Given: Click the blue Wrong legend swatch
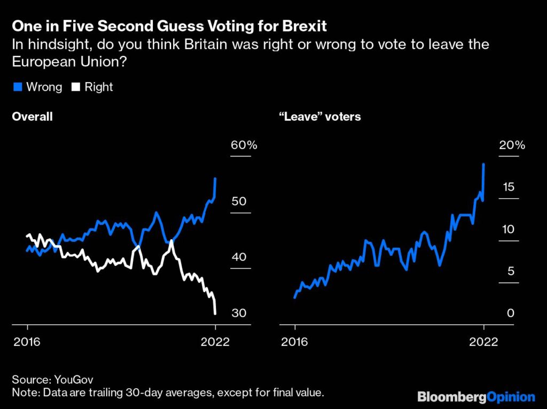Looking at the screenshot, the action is coord(18,87).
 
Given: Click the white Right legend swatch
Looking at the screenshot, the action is coord(76,87).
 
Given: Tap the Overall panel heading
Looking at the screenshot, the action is coord(32,116).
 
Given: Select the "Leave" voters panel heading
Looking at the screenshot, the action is coord(320,116).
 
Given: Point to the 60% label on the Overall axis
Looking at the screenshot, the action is coord(244,145).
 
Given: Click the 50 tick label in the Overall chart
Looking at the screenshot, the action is coord(239,201).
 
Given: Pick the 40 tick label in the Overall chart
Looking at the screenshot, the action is coord(239,257).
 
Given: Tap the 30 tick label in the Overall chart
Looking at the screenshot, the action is coord(239,313).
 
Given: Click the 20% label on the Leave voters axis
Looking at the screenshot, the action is coord(512,145).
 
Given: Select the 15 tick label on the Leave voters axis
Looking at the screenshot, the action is coord(509,187).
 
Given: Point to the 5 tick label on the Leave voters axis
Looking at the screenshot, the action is coord(511,271).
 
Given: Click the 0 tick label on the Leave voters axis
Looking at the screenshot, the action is coord(510,313).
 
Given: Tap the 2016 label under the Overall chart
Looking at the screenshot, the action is coord(27,342).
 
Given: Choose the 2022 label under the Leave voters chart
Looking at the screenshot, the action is coord(483,342).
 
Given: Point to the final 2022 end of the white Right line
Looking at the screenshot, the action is coord(215,314).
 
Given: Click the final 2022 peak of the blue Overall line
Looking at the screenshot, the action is coord(215,179).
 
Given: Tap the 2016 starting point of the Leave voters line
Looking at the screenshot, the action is coord(295,297).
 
